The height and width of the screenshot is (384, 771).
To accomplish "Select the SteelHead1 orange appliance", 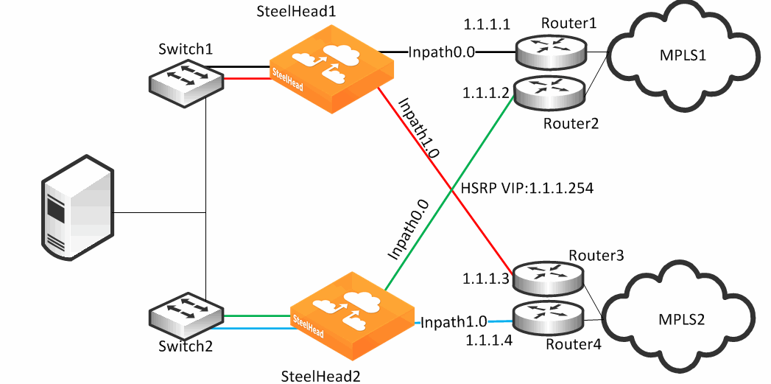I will pos(329,69).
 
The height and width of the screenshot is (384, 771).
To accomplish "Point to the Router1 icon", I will pos(550,51).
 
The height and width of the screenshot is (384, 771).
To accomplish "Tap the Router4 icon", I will pos(549,319).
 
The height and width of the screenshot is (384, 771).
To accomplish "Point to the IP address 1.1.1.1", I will pos(487,24).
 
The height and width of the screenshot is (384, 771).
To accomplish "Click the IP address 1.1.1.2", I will pos(485,94).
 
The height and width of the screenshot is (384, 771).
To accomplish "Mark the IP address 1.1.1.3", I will pos(485,280).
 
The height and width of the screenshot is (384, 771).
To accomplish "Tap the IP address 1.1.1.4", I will pos(490,340).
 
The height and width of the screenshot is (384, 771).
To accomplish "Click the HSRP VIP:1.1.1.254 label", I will pos(527,188).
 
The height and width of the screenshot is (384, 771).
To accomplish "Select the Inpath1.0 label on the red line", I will pos(418,128).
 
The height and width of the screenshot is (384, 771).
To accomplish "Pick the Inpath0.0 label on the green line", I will pos(406,230).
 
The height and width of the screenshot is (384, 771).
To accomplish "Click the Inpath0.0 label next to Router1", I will pos(442,52).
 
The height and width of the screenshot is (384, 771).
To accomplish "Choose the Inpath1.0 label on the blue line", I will pos(454,322).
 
